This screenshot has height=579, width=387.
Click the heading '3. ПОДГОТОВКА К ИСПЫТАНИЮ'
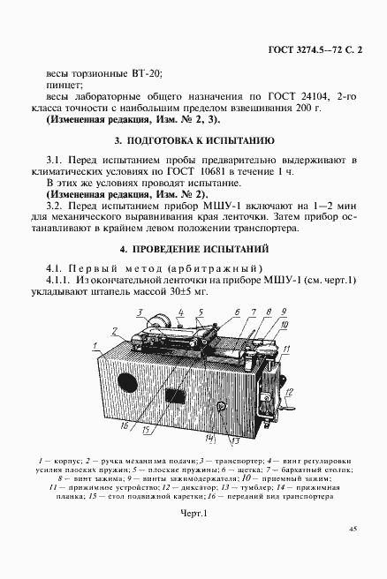[194, 140]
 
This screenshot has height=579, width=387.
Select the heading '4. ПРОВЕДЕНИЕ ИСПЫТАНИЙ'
[194, 250]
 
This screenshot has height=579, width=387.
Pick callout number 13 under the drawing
[236, 439]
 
